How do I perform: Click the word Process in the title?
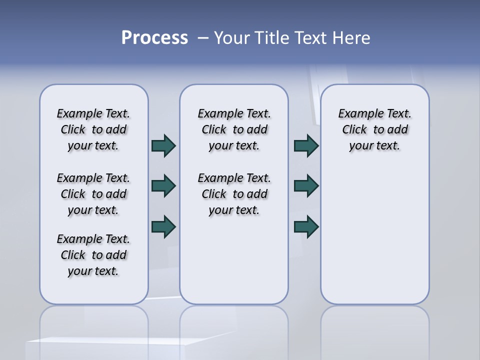pos(154,38)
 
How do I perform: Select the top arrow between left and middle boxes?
pos(163,145)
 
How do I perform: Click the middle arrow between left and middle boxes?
pos(163,186)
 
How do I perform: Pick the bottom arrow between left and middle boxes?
pos(163,226)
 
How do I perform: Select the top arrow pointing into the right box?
pos(306,145)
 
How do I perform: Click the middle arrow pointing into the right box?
pos(306,186)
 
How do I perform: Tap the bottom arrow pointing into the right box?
pos(306,226)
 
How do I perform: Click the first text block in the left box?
pos(93,129)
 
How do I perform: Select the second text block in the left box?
pos(93,194)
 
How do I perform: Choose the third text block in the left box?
pos(93,255)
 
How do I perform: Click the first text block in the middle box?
pos(234,129)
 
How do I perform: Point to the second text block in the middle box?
pos(234,194)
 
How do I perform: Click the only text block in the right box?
pos(374,129)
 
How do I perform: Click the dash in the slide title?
pos(203,38)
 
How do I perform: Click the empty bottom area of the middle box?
pos(234,265)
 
